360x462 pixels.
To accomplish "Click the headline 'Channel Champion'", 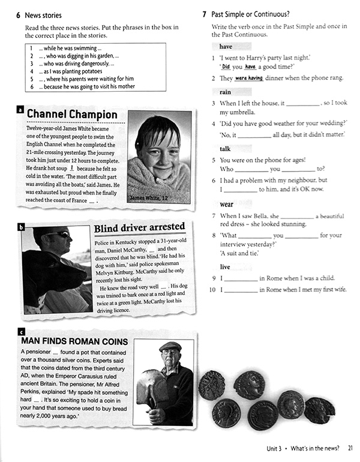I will click(x=72, y=114).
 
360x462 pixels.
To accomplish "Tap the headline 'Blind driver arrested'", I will click(x=139, y=227).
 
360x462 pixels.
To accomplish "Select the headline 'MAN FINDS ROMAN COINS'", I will click(x=74, y=341).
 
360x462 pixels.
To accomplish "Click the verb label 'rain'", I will click(x=225, y=92).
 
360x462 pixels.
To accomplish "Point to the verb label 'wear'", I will click(x=226, y=204).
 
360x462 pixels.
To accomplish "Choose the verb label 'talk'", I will click(x=225, y=148).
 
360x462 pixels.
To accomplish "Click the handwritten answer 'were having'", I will click(x=250, y=78).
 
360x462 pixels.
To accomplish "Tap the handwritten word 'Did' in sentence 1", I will click(x=226, y=67).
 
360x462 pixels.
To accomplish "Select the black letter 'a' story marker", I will click(x=21, y=110).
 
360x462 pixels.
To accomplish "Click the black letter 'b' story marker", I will click(x=21, y=227).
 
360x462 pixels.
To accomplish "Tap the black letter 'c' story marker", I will click(x=22, y=331).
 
